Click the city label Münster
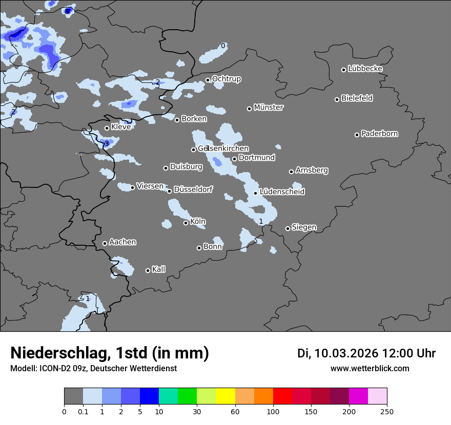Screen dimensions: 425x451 [x=269, y=108]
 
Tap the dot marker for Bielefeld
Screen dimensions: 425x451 [x=337, y=99]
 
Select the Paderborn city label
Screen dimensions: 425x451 [x=380, y=134]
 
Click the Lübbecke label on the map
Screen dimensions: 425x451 [x=365, y=69]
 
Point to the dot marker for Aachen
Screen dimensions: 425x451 [x=105, y=243]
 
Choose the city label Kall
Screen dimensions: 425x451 [x=159, y=269]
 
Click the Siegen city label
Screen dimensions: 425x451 [x=304, y=227]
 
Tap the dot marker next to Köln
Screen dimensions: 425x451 [x=186, y=223]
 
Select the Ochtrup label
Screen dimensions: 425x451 [x=227, y=79]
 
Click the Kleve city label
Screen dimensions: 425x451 [x=121, y=127]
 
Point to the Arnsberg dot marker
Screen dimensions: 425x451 [x=292, y=172]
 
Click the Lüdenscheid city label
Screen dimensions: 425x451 [x=282, y=192]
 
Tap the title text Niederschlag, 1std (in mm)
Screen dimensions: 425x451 [x=110, y=353]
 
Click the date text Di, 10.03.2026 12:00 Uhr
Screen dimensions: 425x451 [x=366, y=353]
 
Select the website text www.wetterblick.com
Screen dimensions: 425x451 [x=370, y=369]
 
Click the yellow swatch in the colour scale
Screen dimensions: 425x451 [x=225, y=396]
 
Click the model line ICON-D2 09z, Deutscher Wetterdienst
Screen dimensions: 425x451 [x=93, y=369]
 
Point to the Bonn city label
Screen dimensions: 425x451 [x=213, y=247]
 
